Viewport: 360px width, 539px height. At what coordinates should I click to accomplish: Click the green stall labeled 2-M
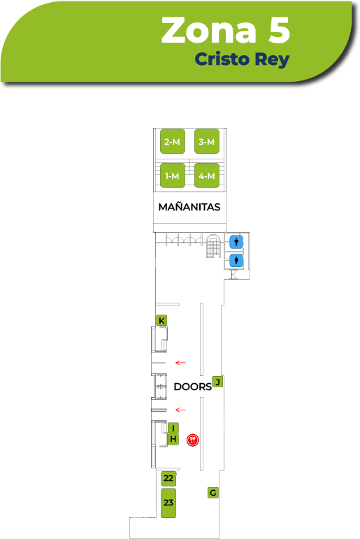click(173, 141)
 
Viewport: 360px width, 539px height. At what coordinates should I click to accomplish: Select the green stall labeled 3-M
click(207, 141)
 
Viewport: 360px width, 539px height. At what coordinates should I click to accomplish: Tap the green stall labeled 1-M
click(173, 175)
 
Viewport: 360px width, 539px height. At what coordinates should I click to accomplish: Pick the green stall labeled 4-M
click(207, 175)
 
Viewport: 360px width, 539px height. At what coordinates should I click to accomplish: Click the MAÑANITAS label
click(189, 207)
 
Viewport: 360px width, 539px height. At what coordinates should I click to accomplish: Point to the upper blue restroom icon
click(236, 242)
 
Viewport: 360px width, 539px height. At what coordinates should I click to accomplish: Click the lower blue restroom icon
click(236, 260)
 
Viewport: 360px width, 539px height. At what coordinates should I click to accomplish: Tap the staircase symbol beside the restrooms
click(213, 246)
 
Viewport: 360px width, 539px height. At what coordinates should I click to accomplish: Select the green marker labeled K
click(161, 320)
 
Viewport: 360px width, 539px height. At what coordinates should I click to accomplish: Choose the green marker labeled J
click(217, 382)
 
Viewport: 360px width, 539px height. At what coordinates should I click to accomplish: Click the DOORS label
click(192, 387)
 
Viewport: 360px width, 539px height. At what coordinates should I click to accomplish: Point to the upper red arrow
click(180, 363)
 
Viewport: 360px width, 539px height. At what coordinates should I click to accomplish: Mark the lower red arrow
click(180, 410)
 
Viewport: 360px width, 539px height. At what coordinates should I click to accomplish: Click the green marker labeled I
click(173, 428)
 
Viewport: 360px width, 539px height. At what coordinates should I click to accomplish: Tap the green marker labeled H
click(173, 439)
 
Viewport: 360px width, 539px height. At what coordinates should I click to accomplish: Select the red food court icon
click(192, 440)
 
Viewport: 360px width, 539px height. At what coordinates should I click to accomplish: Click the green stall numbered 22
click(168, 478)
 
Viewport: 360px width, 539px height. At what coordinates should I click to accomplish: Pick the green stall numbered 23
click(168, 503)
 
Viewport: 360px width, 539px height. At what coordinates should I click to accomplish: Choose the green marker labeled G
click(213, 493)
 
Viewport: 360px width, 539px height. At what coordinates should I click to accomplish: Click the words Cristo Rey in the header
click(242, 59)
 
